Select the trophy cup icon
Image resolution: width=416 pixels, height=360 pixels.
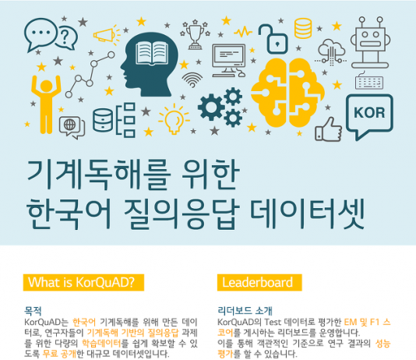tap(194, 34)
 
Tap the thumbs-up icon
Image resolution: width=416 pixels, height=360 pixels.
tap(330, 127)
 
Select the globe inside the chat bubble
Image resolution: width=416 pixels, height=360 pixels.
tap(69, 125)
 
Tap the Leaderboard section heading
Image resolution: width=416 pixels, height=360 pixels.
tap(257, 281)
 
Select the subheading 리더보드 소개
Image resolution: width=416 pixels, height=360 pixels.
tap(245, 309)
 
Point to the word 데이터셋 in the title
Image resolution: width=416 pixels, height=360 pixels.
tap(319, 212)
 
